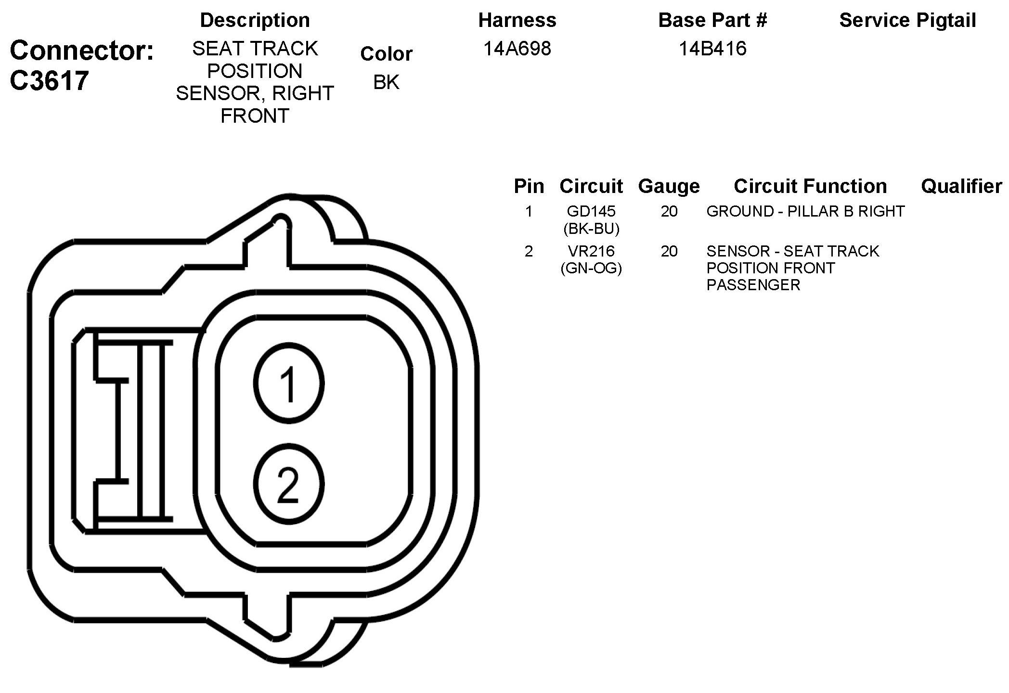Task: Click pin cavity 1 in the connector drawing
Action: (289, 384)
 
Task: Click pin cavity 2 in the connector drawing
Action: (289, 484)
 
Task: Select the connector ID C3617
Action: (49, 80)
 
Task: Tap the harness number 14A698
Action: (517, 49)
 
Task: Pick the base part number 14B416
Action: (712, 49)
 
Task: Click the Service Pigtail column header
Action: (907, 20)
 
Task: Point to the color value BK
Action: (386, 82)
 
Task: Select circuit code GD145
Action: (591, 211)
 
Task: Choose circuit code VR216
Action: (591, 251)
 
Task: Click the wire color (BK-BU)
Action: (591, 229)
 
